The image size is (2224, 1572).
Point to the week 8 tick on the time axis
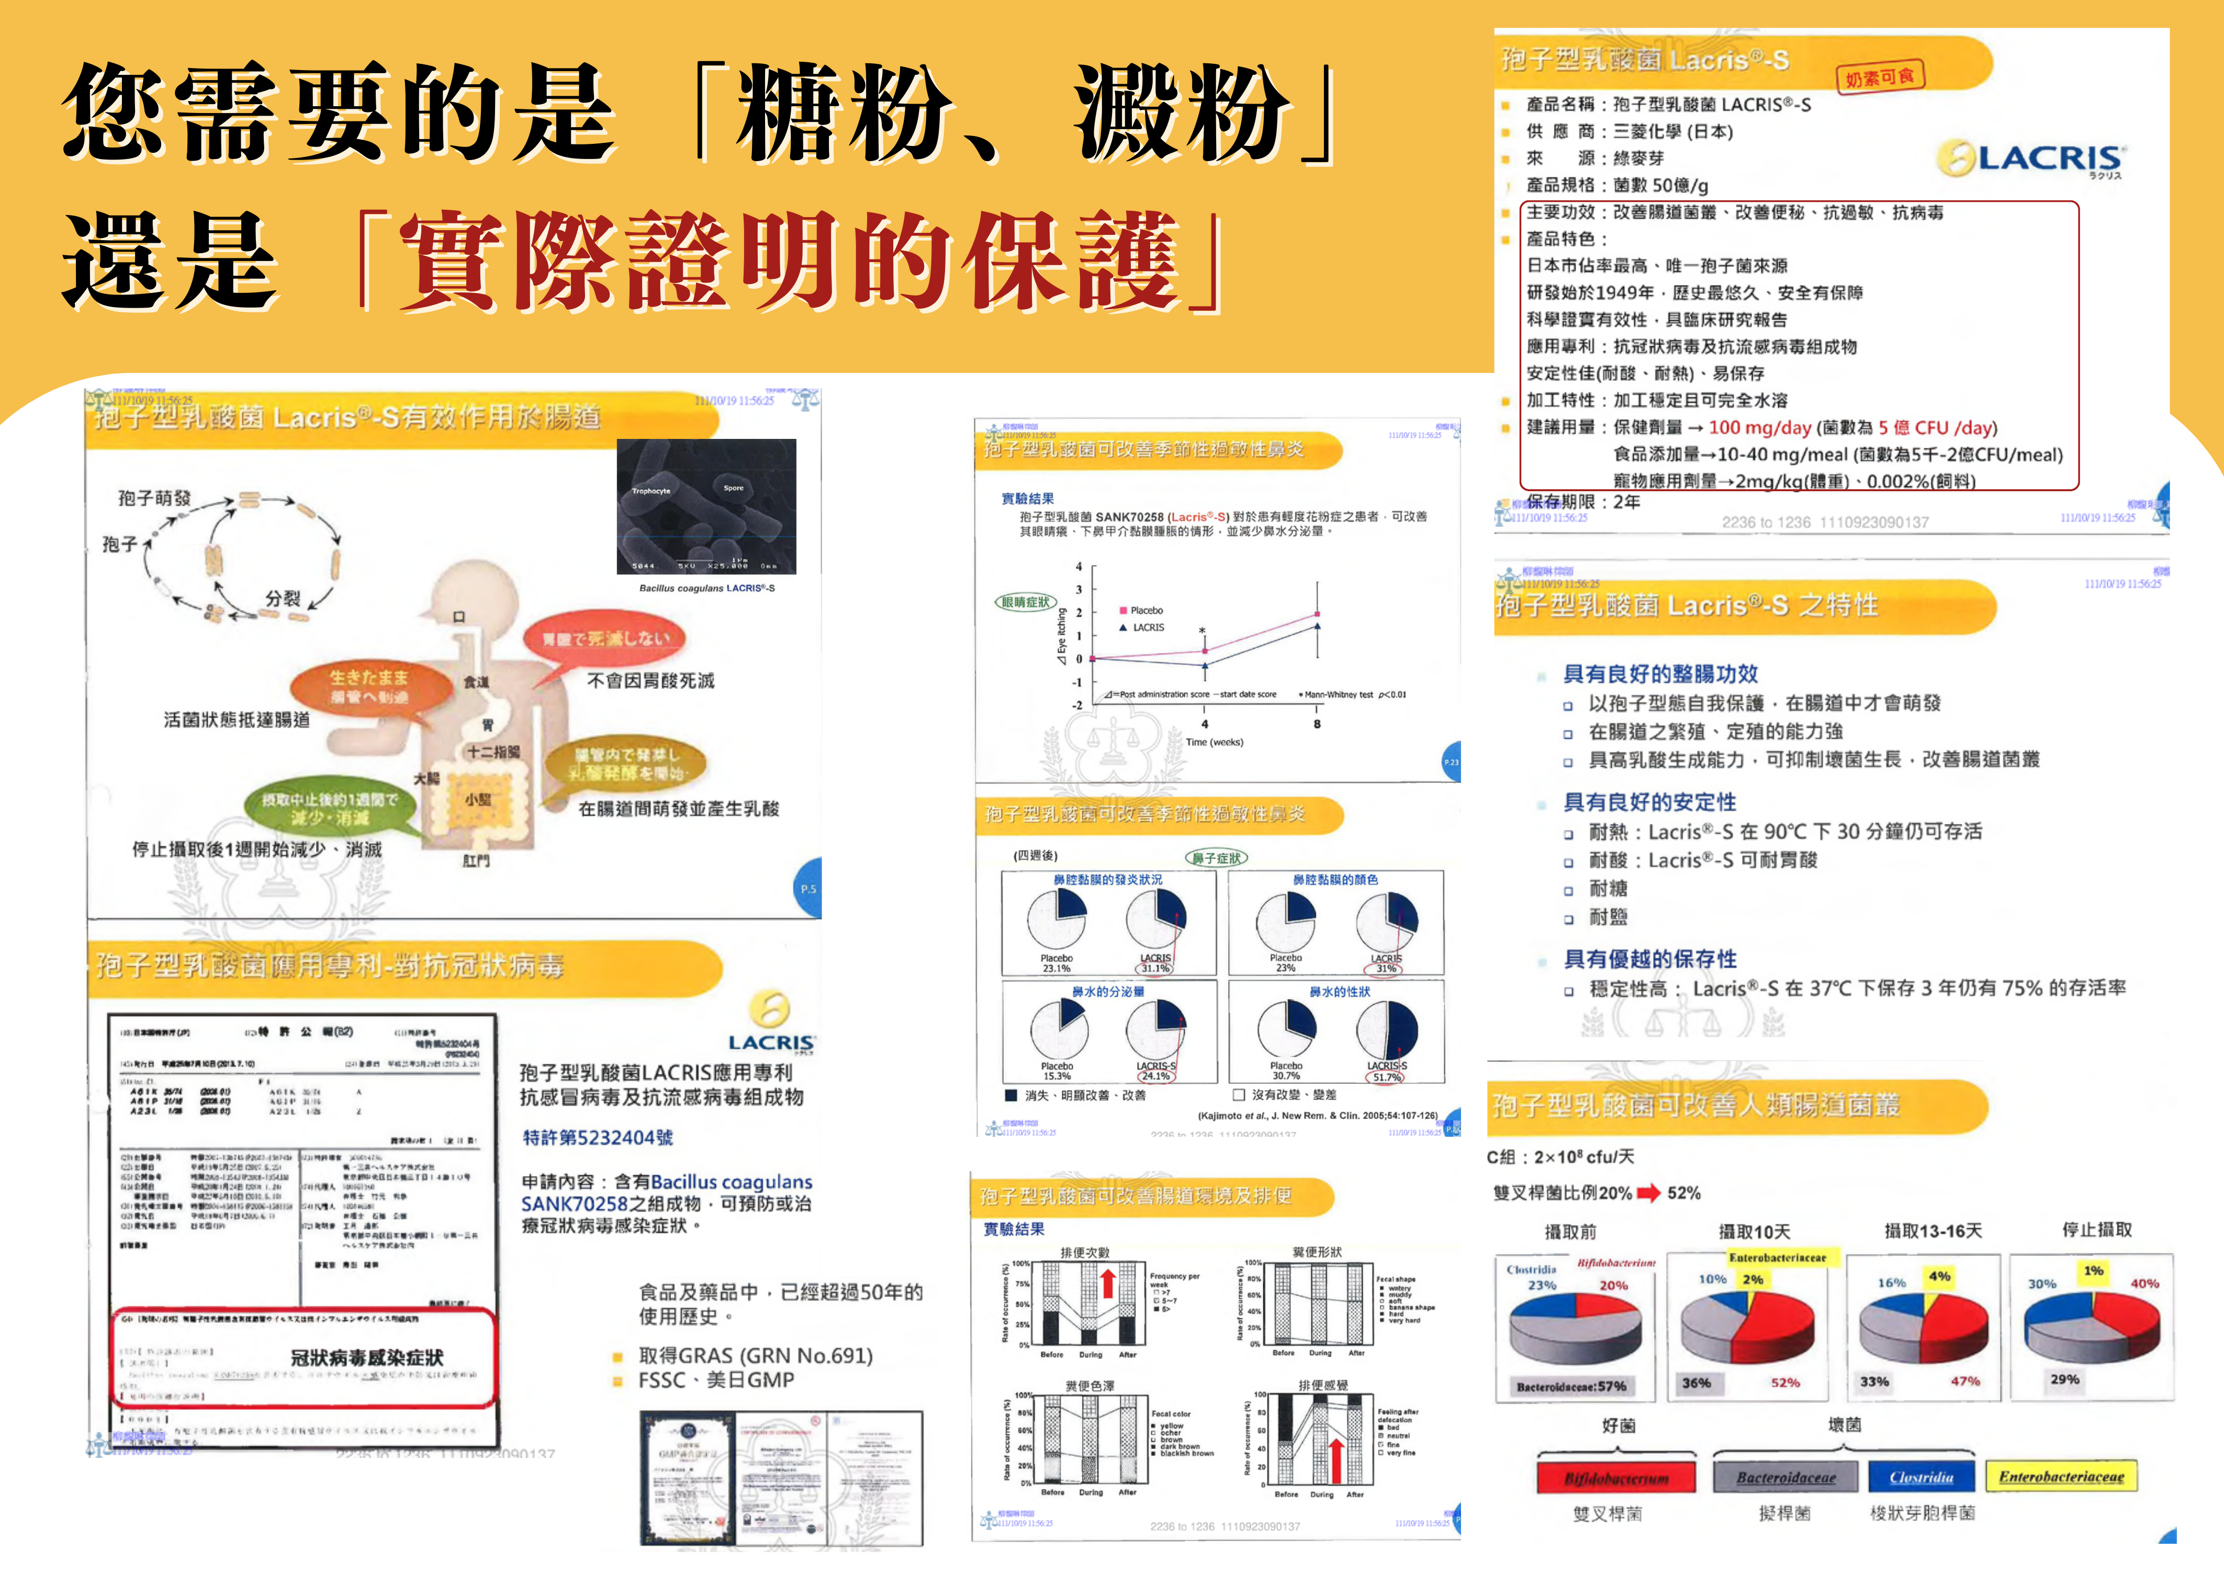(x=1317, y=723)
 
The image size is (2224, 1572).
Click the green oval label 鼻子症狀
(x=1217, y=858)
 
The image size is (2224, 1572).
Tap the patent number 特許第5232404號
(x=598, y=1137)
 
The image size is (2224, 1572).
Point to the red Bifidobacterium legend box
(x=1616, y=1478)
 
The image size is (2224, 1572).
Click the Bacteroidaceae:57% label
(x=1571, y=1386)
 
